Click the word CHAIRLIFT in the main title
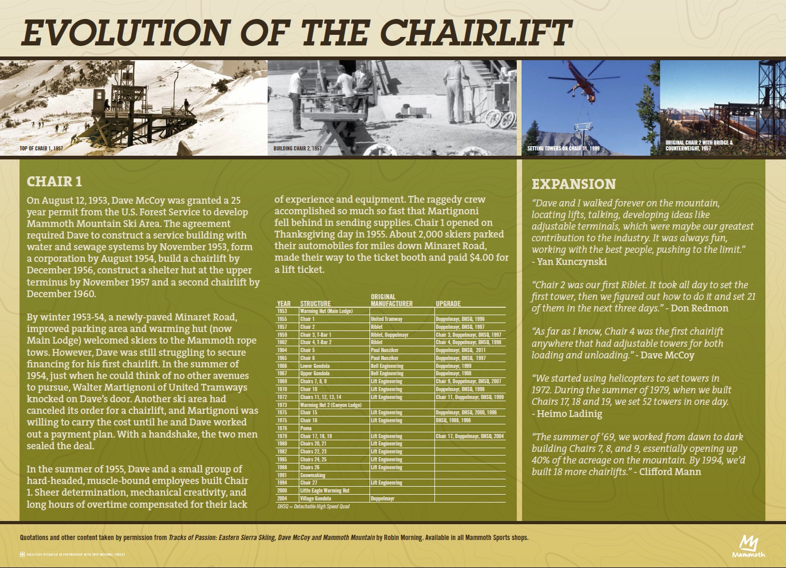coord(475,33)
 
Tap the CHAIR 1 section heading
coord(54,182)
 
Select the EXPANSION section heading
coord(574,184)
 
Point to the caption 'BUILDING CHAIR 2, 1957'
coord(297,148)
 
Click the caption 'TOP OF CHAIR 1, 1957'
coord(41,148)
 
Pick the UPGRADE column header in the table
coord(448,304)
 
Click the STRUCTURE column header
coord(316,304)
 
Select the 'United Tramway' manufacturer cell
coord(386,319)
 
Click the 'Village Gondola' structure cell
coord(316,498)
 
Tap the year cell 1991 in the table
coord(282,475)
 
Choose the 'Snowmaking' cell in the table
coord(312,475)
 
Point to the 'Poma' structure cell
coord(306,428)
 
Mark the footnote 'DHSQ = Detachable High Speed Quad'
coord(314,506)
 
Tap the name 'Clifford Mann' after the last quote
coord(670,471)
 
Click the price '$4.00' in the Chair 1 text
coord(481,258)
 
